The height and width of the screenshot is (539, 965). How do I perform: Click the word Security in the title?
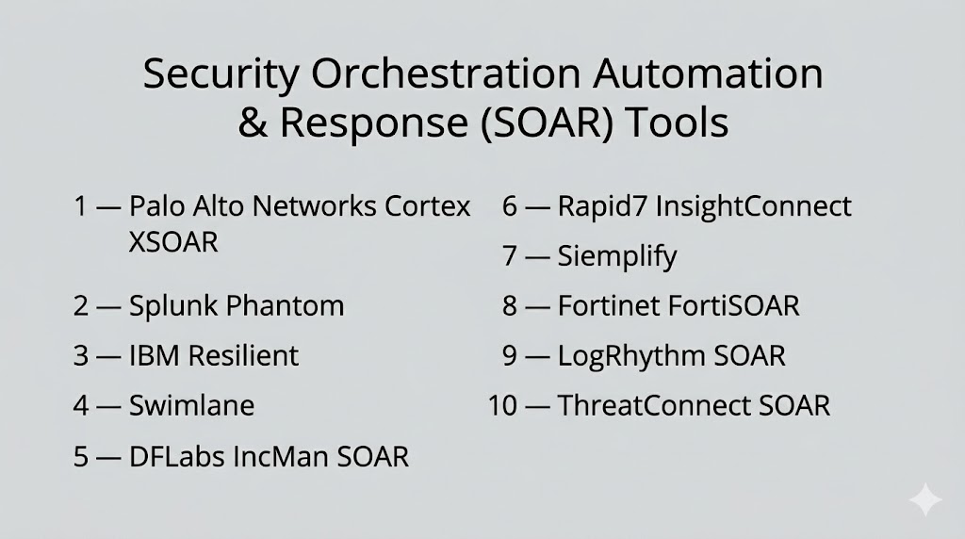221,75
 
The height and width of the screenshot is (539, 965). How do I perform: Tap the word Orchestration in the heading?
446,73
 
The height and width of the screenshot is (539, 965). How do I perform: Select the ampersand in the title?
253,122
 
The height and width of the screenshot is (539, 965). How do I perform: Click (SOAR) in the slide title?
546,123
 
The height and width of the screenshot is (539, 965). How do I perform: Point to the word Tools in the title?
677,122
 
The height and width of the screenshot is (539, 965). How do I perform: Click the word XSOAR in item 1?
173,242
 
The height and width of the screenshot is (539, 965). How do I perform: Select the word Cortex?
428,206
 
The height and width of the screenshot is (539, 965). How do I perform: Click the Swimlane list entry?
191,405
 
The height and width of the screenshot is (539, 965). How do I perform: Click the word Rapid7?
602,206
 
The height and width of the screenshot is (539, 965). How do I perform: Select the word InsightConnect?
753,207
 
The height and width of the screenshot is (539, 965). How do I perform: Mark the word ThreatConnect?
653,405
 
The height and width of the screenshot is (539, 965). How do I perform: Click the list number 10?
502,405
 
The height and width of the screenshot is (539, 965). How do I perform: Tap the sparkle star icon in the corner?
925,499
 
